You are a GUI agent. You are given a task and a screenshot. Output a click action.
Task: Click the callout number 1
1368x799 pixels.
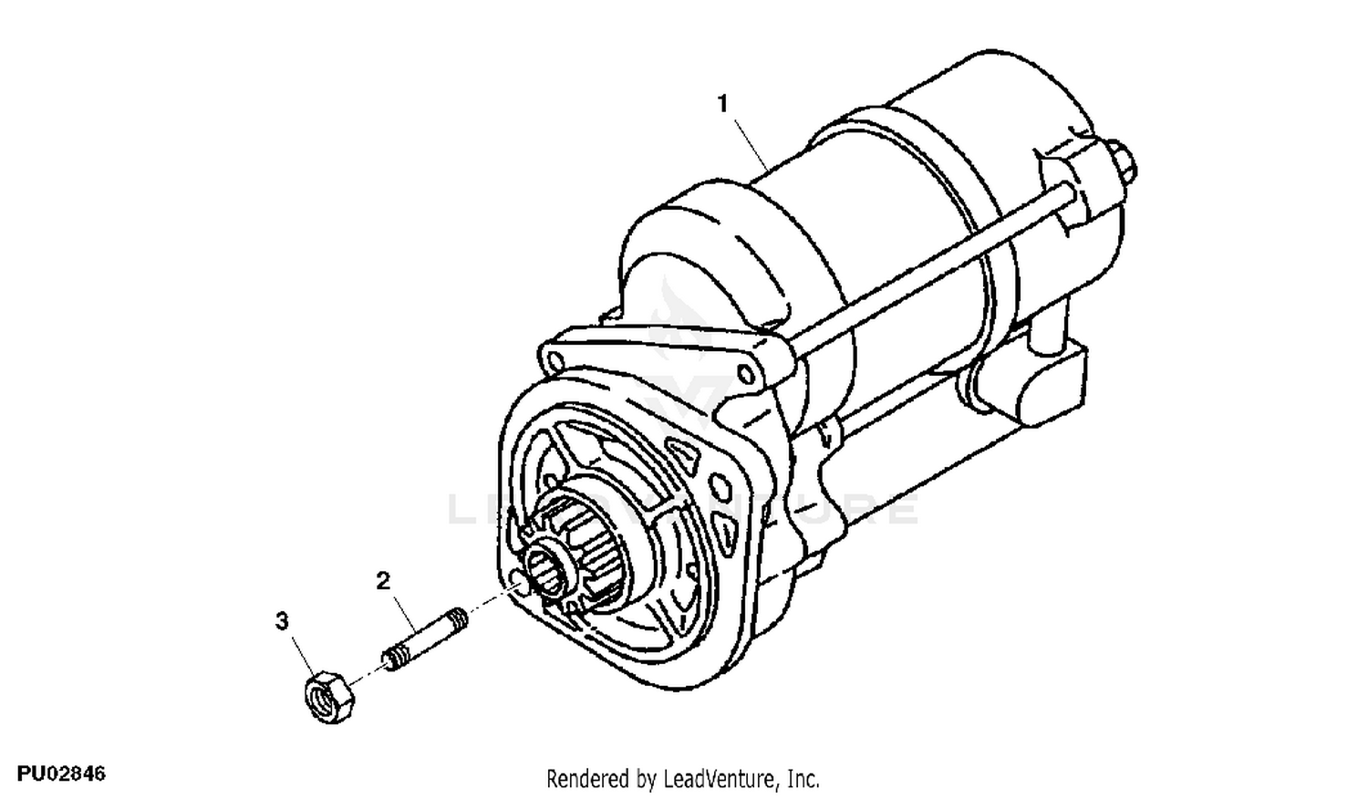[x=722, y=104]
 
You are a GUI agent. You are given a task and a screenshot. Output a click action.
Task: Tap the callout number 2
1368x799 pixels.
[x=383, y=580]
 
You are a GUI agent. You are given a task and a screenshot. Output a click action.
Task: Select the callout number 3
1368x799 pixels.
[x=282, y=621]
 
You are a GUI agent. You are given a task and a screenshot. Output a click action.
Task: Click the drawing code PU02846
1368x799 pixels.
[x=61, y=774]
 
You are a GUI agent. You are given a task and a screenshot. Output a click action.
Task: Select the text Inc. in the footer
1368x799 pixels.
[x=803, y=779]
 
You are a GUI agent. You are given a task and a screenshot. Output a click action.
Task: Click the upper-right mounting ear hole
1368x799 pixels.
[x=746, y=372]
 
